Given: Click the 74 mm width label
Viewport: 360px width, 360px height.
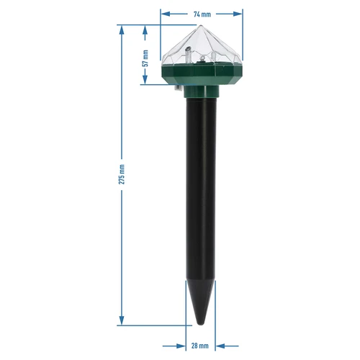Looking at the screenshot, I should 201,14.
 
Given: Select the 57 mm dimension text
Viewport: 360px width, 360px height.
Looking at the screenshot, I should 145,58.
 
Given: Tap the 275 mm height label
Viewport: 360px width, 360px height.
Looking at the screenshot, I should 122,174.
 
